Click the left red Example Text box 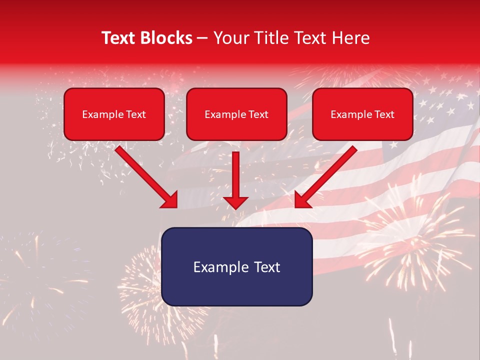[114, 114]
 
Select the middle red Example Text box [236, 114]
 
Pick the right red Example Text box [362, 114]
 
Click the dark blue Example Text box [236, 266]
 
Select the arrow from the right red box [328, 175]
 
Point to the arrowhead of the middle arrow [236, 202]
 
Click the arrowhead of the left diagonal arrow [170, 200]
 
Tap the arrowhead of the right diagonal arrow [303, 200]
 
